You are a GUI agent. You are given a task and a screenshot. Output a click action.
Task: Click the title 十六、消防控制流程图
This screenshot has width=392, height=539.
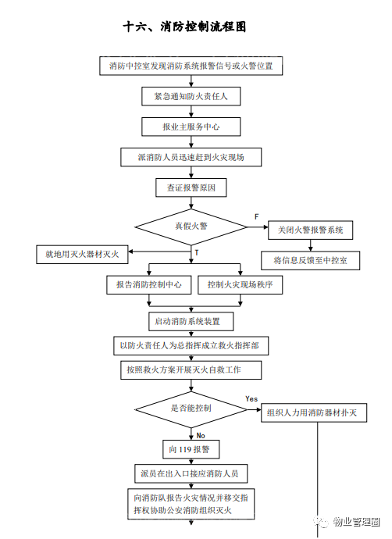(x=184, y=27)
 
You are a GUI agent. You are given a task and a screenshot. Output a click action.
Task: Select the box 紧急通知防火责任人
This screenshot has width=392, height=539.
(x=191, y=96)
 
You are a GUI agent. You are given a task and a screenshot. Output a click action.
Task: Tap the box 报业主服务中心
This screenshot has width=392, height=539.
(x=191, y=127)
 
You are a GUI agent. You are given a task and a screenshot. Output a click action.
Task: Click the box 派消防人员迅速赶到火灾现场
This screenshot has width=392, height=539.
(x=191, y=157)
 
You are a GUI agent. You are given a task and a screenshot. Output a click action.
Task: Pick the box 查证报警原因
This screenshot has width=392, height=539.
(x=191, y=187)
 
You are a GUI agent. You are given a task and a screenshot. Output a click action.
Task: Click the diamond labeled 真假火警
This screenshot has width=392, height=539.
(x=191, y=227)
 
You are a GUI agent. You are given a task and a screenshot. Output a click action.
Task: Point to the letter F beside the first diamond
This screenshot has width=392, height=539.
(x=256, y=216)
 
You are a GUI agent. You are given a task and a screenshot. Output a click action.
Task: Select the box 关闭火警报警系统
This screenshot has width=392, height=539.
(x=310, y=230)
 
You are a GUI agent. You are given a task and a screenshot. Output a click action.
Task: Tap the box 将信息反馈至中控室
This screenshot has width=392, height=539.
(x=310, y=261)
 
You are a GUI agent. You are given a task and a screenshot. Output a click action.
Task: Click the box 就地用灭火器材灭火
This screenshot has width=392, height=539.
(x=82, y=255)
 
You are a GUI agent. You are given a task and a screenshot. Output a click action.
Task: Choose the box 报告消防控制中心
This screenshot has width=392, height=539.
(x=149, y=284)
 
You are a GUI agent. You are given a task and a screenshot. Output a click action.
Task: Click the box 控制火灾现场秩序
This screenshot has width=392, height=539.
(x=241, y=284)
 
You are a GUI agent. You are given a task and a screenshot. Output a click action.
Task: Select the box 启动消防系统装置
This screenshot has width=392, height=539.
(x=191, y=321)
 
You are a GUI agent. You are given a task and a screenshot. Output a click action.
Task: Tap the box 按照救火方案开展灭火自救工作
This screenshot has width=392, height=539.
(x=191, y=369)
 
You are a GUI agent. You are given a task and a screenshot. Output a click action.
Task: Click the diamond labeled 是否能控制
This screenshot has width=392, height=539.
(x=191, y=409)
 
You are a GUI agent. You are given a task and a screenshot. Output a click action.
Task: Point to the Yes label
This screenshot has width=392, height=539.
(x=251, y=398)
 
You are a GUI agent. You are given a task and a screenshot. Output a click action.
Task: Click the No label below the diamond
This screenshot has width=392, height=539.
(x=201, y=436)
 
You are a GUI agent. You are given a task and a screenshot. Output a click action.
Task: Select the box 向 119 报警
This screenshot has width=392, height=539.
(x=191, y=449)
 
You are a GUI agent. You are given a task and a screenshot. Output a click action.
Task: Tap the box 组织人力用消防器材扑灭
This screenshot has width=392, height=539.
(x=314, y=412)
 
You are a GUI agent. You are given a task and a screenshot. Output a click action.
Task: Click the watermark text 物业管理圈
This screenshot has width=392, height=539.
(x=356, y=522)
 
